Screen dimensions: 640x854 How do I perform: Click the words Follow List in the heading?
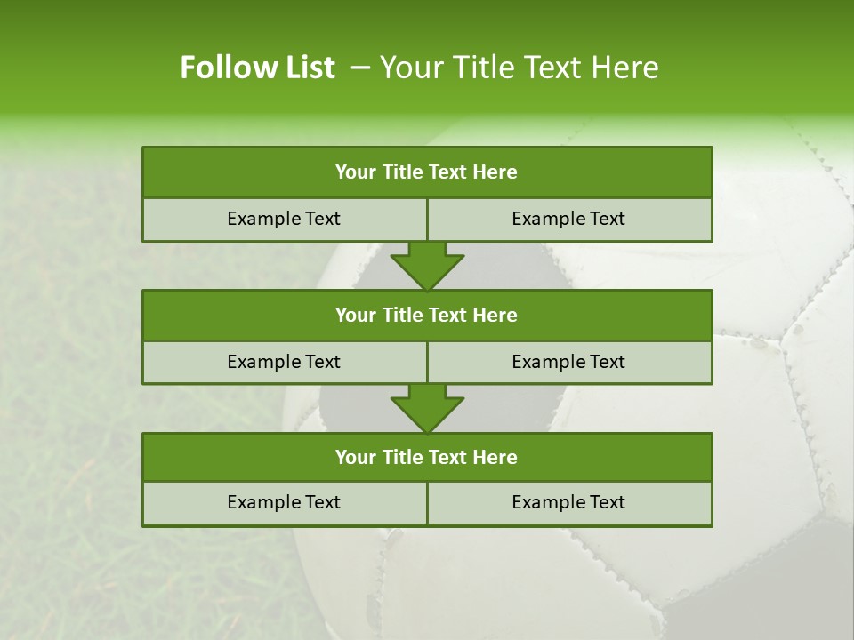pos(257,68)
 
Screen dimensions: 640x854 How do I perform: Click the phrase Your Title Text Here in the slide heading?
pos(520,68)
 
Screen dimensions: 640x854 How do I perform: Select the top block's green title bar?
pos(427,172)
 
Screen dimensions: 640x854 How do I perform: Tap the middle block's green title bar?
pos(427,315)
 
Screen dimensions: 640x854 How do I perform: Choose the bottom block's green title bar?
pos(427,457)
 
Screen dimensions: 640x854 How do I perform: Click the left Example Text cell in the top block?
pos(284,219)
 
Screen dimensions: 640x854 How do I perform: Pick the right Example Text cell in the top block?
pos(568,219)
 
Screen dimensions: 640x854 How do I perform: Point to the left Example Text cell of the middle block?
pos(284,362)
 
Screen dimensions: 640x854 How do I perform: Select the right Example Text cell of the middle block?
pos(568,362)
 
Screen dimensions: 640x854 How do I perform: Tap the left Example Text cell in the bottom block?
pos(284,502)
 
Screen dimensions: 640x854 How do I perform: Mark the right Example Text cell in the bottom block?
pos(568,502)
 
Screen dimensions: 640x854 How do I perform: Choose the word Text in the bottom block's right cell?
pos(604,502)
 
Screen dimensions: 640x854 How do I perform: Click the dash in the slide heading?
pos(360,68)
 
